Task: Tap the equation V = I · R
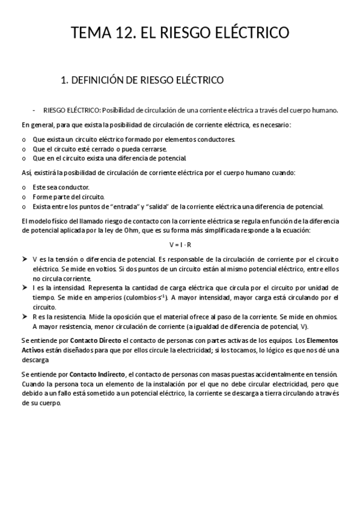tap(180, 245)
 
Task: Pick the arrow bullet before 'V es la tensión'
tap(25, 259)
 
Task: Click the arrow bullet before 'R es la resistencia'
tap(25, 316)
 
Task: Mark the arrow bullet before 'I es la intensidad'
tap(25, 287)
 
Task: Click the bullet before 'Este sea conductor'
tap(23, 187)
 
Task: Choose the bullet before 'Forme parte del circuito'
tap(23, 197)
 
